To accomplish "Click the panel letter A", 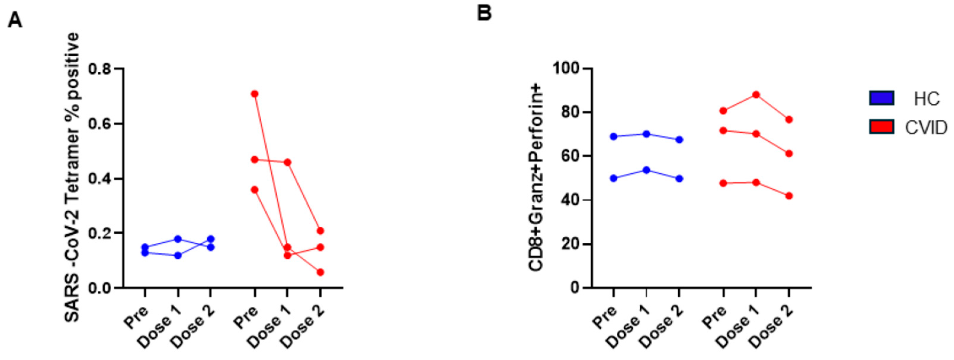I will (x=15, y=20).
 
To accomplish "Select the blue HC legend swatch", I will (x=882, y=98).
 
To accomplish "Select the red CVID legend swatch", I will (x=882, y=127).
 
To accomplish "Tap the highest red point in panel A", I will (x=254, y=94).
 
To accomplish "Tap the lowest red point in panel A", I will (x=320, y=272).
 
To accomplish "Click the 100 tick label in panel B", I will (x=566, y=69).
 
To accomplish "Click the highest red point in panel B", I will (x=756, y=95).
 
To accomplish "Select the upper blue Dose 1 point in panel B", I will (x=646, y=134).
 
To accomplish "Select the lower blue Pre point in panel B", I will (x=614, y=178).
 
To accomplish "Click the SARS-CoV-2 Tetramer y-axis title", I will (x=73, y=178).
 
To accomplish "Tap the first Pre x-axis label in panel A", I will (x=136, y=317).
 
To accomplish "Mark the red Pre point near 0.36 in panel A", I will (x=254, y=190).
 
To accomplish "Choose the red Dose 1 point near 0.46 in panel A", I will (x=287, y=162).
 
